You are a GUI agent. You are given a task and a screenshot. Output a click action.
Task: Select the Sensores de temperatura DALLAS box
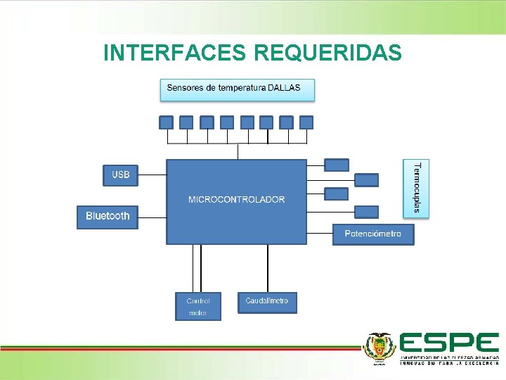[238, 89]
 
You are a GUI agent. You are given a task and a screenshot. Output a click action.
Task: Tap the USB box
[121, 175]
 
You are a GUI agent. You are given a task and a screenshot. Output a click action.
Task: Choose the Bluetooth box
[108, 216]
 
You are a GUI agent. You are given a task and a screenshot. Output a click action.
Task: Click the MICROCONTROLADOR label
[236, 200]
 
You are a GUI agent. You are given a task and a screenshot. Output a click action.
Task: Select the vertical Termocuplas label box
[417, 188]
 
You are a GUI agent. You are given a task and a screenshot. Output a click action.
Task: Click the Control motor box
[197, 306]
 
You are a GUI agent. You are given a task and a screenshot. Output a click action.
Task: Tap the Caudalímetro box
[267, 302]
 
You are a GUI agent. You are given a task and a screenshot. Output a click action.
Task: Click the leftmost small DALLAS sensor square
[166, 122]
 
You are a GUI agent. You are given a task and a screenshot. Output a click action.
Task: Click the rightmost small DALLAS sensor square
[306, 122]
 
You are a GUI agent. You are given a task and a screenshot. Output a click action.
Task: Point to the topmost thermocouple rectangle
[337, 165]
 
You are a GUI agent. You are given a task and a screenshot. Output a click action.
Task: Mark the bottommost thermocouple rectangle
[366, 212]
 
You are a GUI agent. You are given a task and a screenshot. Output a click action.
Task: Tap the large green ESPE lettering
[449, 343]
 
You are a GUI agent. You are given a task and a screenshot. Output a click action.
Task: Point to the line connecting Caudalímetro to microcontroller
[267, 268]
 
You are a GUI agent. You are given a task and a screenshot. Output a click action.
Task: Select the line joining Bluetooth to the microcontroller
[153, 217]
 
